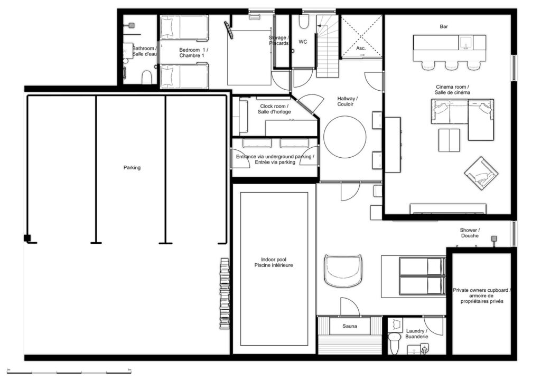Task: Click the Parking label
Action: point(132,168)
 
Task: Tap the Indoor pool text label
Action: point(274,262)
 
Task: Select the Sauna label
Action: point(350,326)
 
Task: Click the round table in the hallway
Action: point(344,137)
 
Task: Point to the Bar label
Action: point(444,26)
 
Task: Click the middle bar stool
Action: point(451,65)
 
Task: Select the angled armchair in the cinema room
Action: point(481,173)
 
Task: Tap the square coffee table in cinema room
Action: point(449,140)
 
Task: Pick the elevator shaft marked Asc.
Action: point(361,36)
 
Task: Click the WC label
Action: point(303,42)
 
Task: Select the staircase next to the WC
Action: point(328,46)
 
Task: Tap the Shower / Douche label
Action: point(470,233)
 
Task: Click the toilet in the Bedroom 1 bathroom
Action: point(147,78)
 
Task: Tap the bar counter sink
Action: point(466,43)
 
